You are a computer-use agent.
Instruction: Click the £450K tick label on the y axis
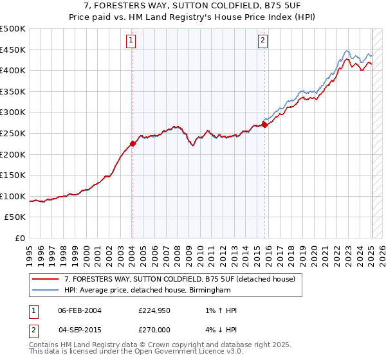[x=13, y=50]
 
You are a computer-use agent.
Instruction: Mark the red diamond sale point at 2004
[x=133, y=144]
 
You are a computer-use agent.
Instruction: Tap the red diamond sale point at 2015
[x=264, y=125]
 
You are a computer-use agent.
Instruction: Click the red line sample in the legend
[x=46, y=279]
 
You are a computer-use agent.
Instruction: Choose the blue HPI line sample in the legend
[x=46, y=291]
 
